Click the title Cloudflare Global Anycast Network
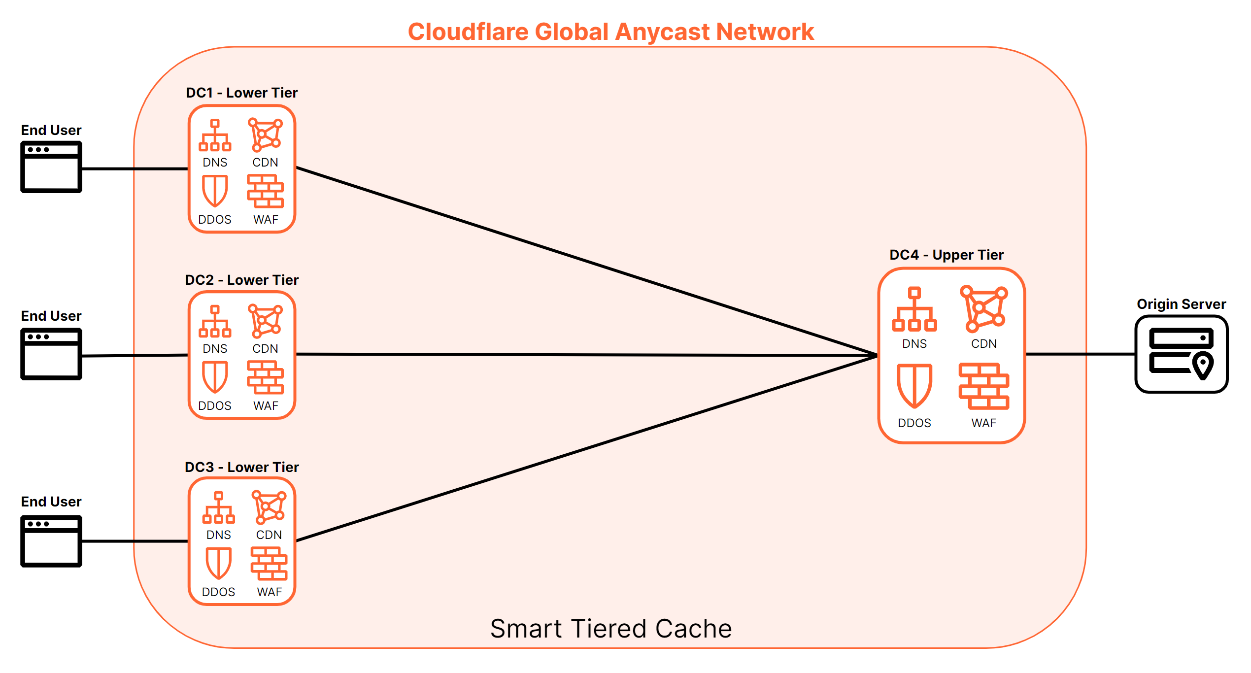pos(610,32)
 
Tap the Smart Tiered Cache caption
pos(610,629)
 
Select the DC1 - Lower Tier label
pos(241,93)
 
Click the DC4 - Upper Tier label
pos(946,255)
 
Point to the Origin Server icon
pos(1181,354)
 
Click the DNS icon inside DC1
pos(215,135)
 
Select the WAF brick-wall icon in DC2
pos(265,377)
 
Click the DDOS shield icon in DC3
pos(218,563)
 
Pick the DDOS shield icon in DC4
pos(914,386)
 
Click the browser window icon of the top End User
pos(51,167)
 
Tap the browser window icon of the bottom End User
pos(51,541)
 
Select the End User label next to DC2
pos(51,316)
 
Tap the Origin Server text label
pos(1181,304)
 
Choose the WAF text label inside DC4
pos(983,423)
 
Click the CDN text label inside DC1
pos(265,162)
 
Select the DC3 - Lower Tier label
pos(241,467)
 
